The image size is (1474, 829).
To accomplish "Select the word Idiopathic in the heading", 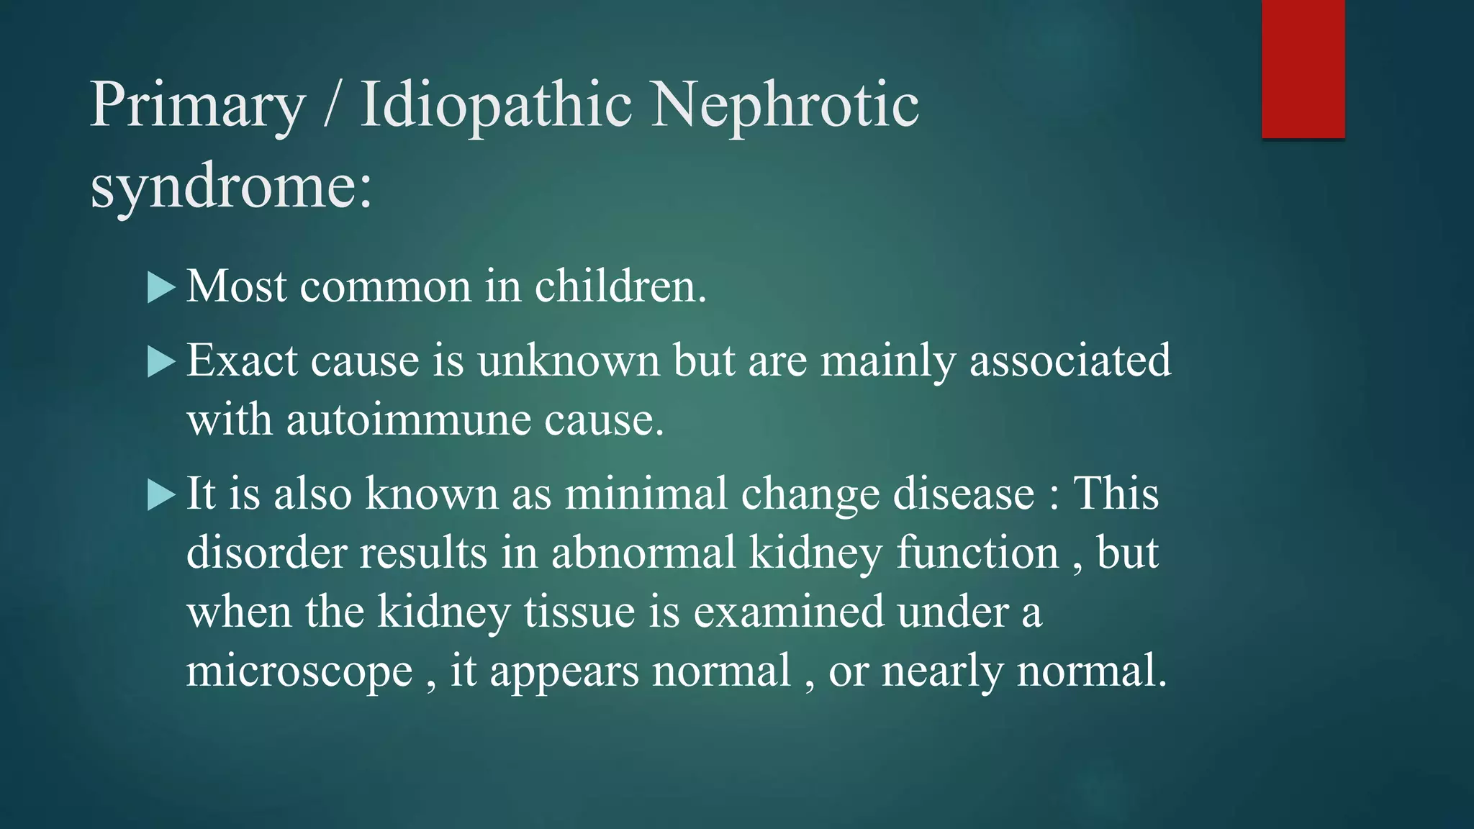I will tap(496, 107).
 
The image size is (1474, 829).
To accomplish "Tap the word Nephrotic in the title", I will tap(785, 105).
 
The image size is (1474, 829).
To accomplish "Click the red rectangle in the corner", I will tap(1303, 69).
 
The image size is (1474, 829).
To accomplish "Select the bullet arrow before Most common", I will tap(161, 287).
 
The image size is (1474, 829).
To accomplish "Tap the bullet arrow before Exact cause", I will tap(161, 362).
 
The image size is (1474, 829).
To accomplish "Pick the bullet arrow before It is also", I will tap(161, 495).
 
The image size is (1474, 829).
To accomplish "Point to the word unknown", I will tap(568, 361).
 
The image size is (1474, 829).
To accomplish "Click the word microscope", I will tap(299, 671).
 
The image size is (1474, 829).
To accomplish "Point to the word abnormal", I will tap(643, 553).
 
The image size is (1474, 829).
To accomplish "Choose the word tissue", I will tap(579, 612).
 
